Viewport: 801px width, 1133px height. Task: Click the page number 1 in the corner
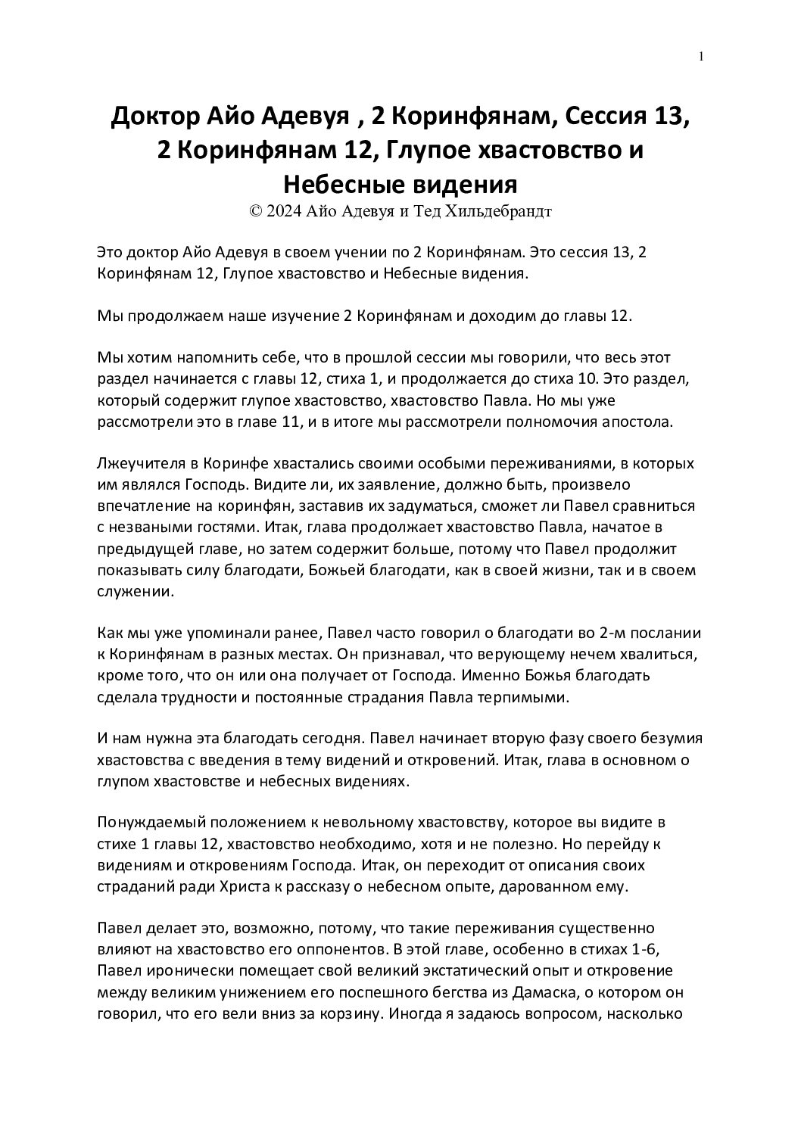[x=702, y=57]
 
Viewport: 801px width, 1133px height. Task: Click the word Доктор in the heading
[x=154, y=117]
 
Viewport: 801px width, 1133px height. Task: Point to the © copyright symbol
[x=255, y=212]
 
